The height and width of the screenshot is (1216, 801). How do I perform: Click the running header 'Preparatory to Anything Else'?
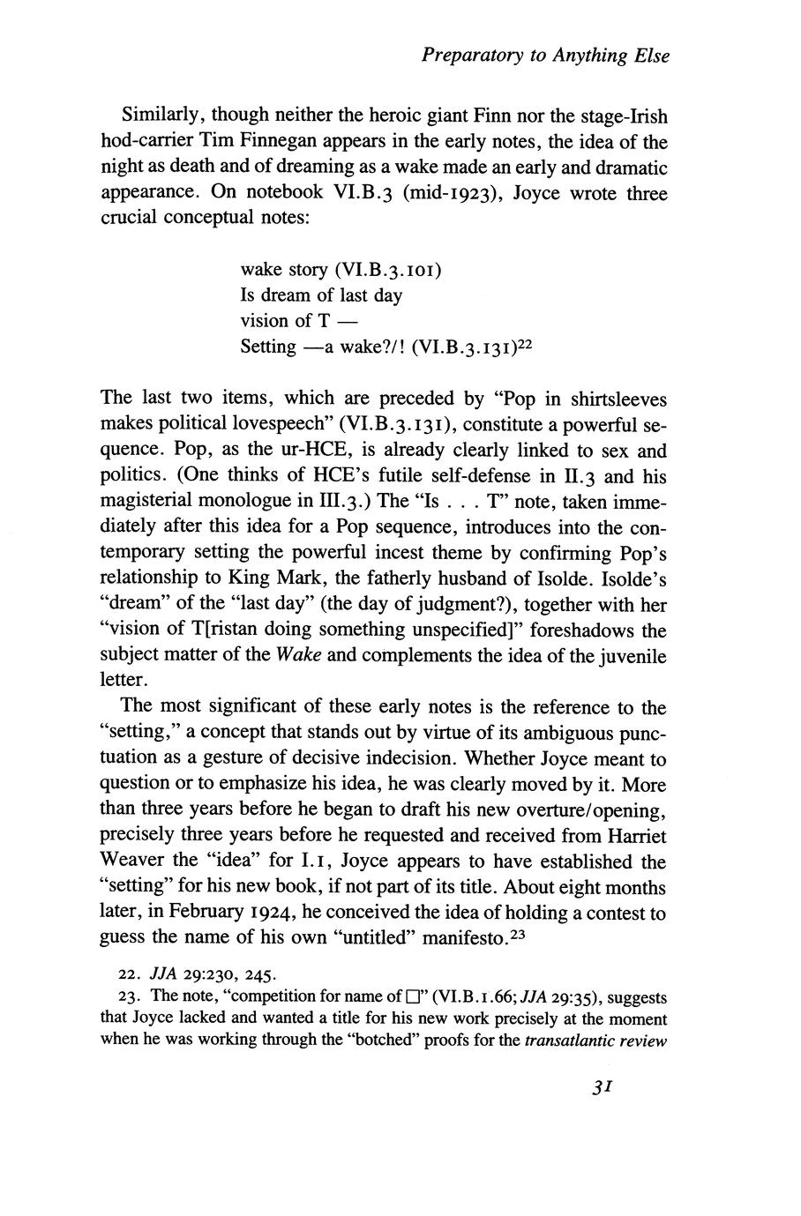click(545, 56)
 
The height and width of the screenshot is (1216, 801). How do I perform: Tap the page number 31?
click(603, 1087)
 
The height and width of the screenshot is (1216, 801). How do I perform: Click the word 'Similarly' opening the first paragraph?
click(164, 116)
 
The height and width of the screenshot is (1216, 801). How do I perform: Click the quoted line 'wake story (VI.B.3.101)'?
click(341, 269)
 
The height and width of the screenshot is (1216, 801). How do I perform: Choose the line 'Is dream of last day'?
click(321, 295)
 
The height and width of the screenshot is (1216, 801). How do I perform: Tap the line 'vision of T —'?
click(298, 320)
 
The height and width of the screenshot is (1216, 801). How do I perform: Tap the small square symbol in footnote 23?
click(412, 998)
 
